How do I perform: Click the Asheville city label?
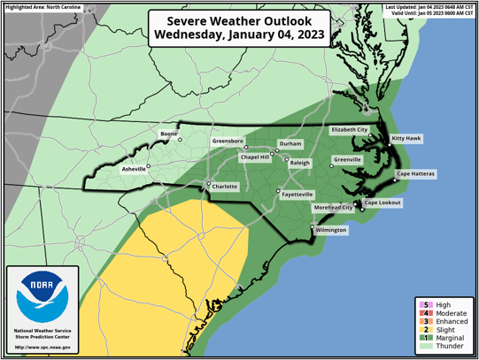pos(134,169)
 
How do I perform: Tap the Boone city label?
pos(168,134)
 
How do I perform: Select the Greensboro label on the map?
pos(228,142)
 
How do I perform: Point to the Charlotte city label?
pos(225,187)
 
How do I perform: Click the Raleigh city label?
pos(300,163)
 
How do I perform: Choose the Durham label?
pos(290,143)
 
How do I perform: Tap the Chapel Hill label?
pos(255,157)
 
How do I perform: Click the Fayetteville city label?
pos(297,194)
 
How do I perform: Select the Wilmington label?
pos(331,230)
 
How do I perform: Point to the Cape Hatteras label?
pos(415,174)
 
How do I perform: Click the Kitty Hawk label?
pos(406,139)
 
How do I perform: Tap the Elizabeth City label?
pos(349,129)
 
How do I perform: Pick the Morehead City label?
pos(334,208)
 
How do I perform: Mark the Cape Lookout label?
pos(383,203)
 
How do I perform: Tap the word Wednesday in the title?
pos(196,35)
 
